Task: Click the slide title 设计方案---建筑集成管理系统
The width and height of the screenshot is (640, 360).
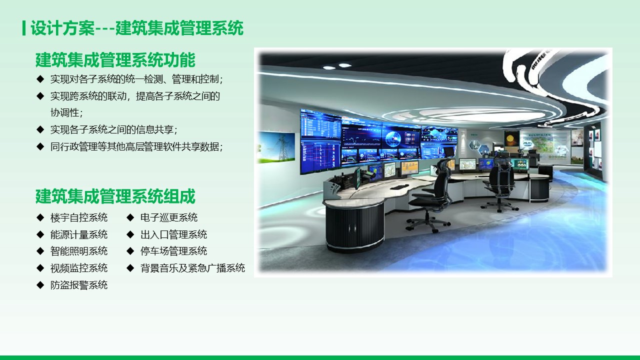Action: pos(137,28)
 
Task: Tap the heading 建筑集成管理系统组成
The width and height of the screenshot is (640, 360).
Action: pos(115,196)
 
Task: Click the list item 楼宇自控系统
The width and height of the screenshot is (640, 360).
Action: pos(79,217)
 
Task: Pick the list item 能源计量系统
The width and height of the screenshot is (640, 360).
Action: pos(79,234)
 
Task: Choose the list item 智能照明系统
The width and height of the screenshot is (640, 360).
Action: pos(79,251)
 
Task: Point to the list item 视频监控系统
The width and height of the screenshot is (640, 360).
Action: pos(79,268)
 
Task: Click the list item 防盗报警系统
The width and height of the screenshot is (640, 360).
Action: pos(79,285)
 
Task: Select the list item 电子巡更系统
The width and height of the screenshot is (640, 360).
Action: pos(169,217)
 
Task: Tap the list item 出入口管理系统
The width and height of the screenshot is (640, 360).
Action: pos(173,234)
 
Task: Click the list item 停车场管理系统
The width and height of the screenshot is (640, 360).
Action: pos(173,251)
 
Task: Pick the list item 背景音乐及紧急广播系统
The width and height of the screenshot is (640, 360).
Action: pos(192,268)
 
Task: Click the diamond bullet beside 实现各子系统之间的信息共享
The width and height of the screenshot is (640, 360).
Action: pos(40,129)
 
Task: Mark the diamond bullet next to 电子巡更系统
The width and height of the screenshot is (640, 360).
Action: pos(130,217)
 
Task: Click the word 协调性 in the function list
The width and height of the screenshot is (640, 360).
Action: pos(65,112)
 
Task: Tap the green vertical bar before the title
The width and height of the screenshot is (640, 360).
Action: pos(24,28)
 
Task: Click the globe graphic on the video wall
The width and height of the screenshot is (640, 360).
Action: pos(393,138)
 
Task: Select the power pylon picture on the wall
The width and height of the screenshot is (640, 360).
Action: pos(276,147)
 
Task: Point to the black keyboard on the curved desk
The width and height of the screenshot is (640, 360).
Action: pos(399,187)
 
